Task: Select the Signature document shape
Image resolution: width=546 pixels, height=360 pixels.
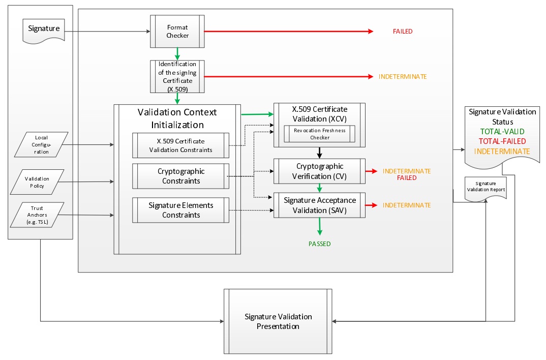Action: (44, 30)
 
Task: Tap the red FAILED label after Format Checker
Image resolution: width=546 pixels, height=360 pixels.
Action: (402, 32)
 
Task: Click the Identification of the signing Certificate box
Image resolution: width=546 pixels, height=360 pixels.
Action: (177, 77)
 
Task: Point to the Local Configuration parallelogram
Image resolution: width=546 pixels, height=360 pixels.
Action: (42, 144)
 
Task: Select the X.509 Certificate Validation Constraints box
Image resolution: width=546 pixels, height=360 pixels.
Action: (180, 145)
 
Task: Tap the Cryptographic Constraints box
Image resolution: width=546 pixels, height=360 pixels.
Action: (180, 176)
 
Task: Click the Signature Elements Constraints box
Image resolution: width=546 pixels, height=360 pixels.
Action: (180, 210)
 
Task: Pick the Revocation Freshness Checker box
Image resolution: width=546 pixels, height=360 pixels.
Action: (319, 134)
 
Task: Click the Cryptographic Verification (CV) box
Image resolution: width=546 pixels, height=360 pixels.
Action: (319, 170)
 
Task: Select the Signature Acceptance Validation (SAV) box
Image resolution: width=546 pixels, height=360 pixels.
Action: (319, 205)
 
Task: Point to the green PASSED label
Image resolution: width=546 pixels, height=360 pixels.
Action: (319, 244)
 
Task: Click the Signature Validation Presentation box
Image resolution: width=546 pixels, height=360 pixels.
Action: (278, 321)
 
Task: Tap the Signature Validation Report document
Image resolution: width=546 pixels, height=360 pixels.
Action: (486, 189)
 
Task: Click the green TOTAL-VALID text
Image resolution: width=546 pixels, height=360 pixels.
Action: (502, 132)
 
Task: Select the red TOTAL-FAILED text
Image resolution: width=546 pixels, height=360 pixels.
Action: (502, 141)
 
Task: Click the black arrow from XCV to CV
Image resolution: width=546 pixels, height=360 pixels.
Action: (319, 153)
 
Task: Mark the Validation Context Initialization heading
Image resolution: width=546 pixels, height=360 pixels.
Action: (177, 118)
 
